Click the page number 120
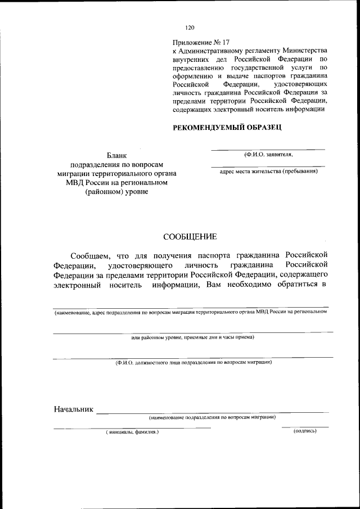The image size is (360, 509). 190,27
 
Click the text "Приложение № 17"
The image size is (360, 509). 201,42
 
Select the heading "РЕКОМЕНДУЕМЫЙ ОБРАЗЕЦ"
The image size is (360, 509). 227,128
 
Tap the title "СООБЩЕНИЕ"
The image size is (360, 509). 190,236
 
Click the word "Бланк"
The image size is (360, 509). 117,155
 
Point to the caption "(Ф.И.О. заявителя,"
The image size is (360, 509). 268,154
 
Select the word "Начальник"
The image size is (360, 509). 73,408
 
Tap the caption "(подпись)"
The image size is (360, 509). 305,431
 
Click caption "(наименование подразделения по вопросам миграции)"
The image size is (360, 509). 212,417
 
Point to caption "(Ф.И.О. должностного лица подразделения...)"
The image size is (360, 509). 193,363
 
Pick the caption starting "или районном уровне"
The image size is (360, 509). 193,337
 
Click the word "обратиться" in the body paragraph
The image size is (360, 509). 291,285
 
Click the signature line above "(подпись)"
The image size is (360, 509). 305,427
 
